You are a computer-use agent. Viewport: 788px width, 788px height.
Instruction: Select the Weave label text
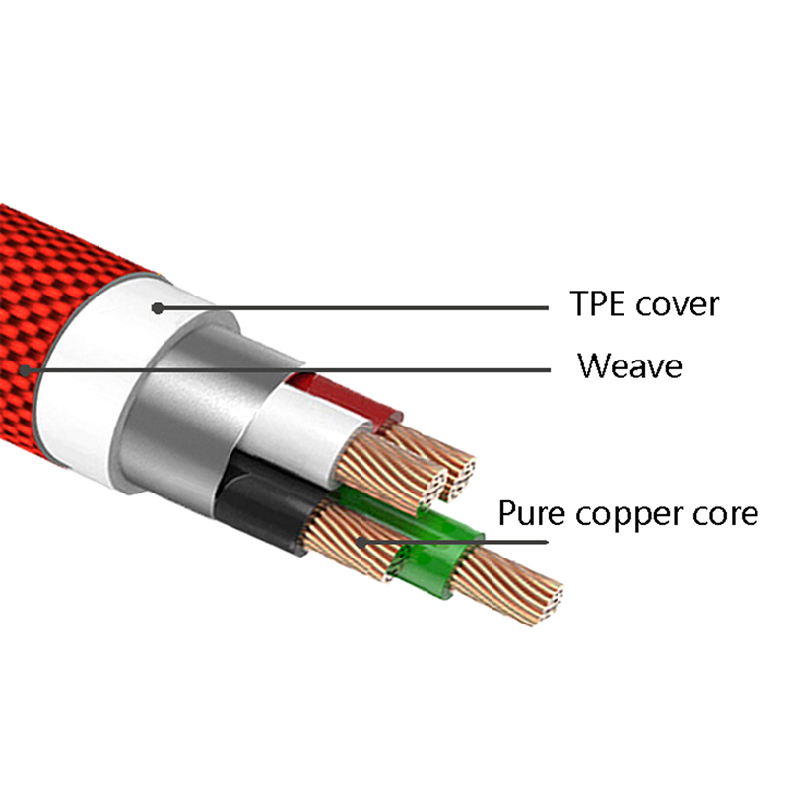[629, 366]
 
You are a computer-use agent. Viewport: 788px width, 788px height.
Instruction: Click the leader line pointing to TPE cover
[355, 308]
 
